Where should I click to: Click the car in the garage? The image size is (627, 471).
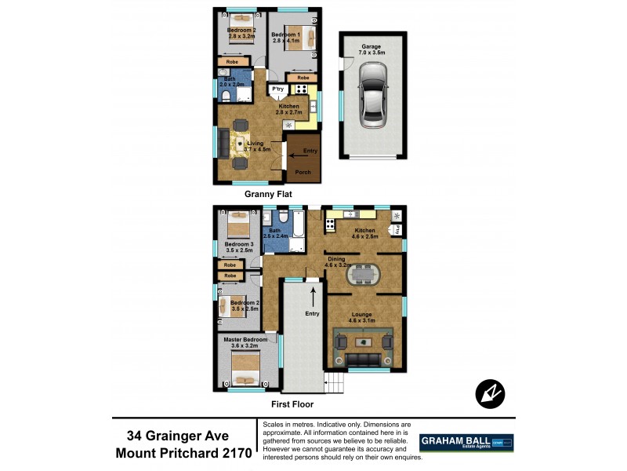pyautogui.click(x=372, y=95)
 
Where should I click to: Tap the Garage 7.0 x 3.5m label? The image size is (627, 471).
pyautogui.click(x=371, y=50)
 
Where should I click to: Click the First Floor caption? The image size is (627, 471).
pyautogui.click(x=292, y=404)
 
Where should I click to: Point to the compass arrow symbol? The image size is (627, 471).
pyautogui.click(x=490, y=392)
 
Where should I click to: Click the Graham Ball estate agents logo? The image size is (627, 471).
pyautogui.click(x=466, y=443)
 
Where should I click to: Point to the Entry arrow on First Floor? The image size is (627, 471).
pyautogui.click(x=313, y=296)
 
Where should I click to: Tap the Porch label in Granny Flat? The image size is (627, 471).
pyautogui.click(x=303, y=172)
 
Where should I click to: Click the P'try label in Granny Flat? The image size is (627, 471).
pyautogui.click(x=277, y=90)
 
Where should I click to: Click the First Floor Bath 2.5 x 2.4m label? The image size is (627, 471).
pyautogui.click(x=276, y=233)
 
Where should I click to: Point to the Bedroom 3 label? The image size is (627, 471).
pyautogui.click(x=239, y=247)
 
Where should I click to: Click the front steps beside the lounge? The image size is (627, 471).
pyautogui.click(x=335, y=384)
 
